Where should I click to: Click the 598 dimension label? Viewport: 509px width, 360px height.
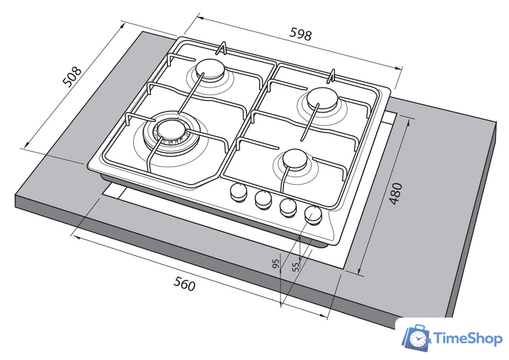click(301, 34)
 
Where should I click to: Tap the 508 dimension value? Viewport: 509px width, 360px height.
click(72, 76)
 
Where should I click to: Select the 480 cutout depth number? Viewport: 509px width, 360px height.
click(396, 194)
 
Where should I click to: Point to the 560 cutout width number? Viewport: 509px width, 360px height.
click(184, 284)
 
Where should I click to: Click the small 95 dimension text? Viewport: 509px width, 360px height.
click(276, 264)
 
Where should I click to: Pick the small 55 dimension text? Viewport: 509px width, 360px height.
click(296, 267)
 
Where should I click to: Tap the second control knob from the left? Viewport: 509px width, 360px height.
click(263, 199)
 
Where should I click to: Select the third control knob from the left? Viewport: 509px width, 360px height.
click(288, 207)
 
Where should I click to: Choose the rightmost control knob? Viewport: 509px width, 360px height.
click(313, 215)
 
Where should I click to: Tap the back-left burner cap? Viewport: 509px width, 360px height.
click(210, 69)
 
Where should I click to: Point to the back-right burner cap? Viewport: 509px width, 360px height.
click(322, 98)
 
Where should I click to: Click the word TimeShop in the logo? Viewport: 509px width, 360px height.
click(468, 339)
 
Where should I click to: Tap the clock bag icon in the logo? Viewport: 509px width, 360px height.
click(416, 338)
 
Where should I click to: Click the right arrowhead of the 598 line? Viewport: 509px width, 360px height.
click(399, 68)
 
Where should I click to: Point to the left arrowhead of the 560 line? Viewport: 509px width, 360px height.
click(76, 237)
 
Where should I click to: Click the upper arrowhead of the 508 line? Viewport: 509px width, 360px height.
click(123, 25)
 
